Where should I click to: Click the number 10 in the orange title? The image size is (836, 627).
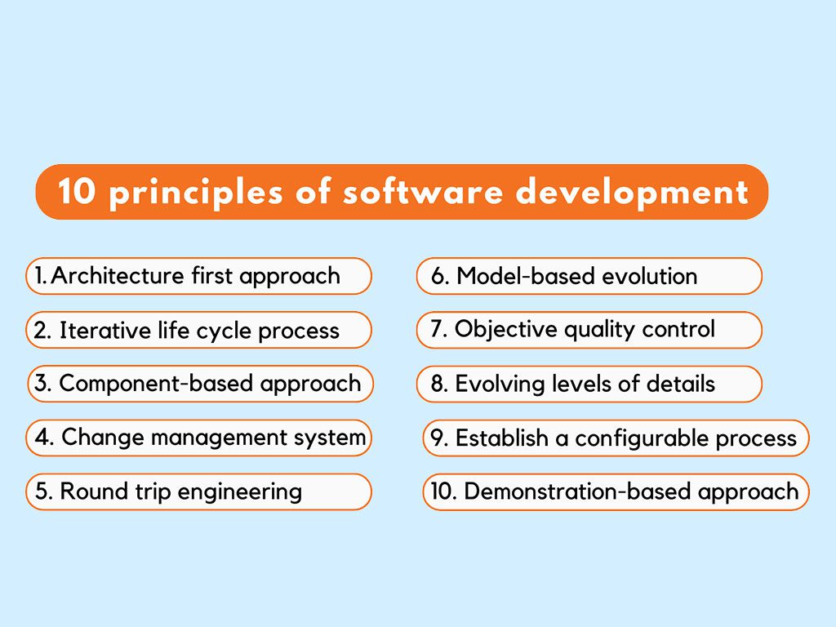pyautogui.click(x=78, y=191)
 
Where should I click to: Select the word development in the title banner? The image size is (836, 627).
pyautogui.click(x=633, y=193)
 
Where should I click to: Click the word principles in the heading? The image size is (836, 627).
pyautogui.click(x=196, y=193)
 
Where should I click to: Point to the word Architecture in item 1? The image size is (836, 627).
pyautogui.click(x=118, y=276)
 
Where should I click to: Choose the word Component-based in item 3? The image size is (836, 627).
pyautogui.click(x=156, y=384)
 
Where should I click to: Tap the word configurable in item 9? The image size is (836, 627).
pyautogui.click(x=642, y=438)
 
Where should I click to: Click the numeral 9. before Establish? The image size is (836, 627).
pyautogui.click(x=439, y=438)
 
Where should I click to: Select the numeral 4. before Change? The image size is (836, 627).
pyautogui.click(x=45, y=438)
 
